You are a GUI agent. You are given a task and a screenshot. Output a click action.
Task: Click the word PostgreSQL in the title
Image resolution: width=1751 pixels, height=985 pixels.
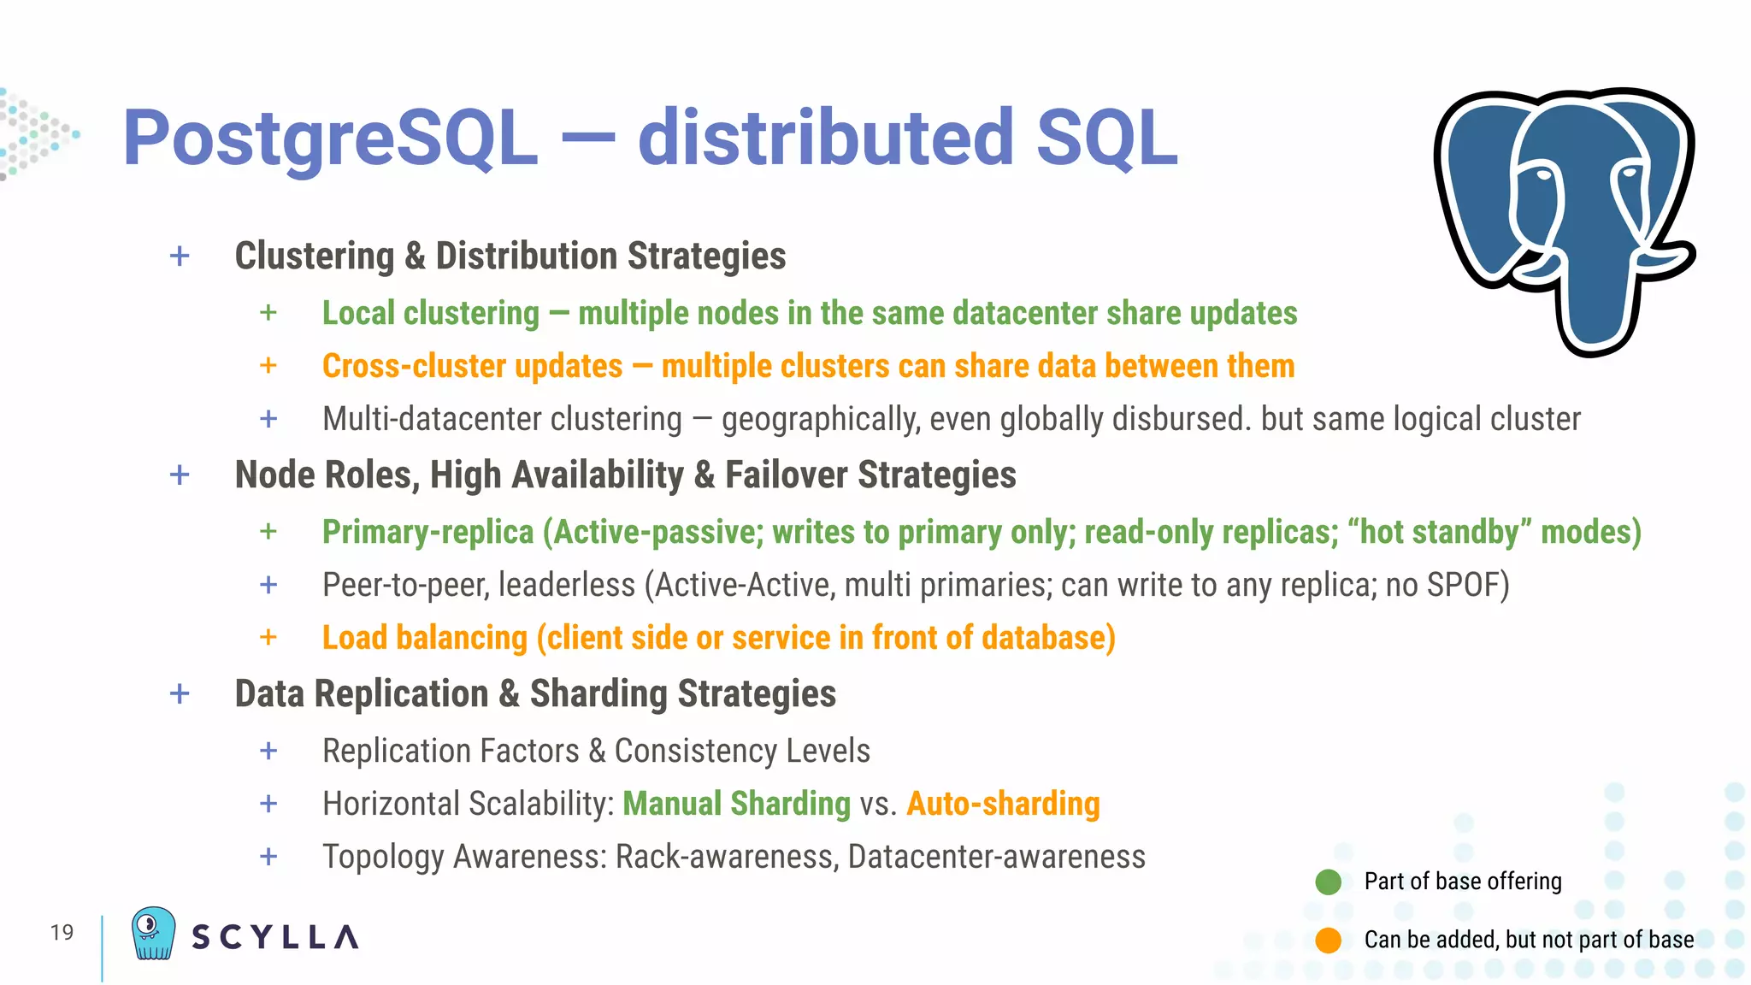pos(330,139)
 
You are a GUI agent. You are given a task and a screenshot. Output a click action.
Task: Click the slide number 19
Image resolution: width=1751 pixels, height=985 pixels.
pos(62,932)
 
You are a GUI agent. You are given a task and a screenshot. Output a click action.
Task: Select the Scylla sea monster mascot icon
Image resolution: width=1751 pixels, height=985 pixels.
pos(153,934)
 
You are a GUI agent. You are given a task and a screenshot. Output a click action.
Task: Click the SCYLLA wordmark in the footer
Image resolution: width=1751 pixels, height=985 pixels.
pos(274,937)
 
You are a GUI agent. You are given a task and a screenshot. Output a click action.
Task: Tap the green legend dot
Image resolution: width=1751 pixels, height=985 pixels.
pos(1328,882)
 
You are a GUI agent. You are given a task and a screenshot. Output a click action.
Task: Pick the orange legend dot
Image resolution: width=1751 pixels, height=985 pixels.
pos(1328,940)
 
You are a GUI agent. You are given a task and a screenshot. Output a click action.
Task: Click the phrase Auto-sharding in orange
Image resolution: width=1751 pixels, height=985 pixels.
pos(1003,804)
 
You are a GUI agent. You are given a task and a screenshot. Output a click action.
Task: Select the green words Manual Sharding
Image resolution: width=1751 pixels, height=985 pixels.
pos(736,804)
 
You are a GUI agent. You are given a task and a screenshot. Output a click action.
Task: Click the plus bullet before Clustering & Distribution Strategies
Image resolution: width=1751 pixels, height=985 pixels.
pos(180,256)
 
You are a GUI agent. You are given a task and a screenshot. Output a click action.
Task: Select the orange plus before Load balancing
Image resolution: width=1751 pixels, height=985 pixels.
pos(268,637)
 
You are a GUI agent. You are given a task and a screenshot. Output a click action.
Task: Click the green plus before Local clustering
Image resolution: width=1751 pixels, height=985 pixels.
pos(268,313)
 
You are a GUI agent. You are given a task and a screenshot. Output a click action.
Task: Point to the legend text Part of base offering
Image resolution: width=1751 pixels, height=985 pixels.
pos(1462,882)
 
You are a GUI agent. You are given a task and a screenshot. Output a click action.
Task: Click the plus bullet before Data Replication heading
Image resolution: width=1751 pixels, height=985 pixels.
pos(180,693)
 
